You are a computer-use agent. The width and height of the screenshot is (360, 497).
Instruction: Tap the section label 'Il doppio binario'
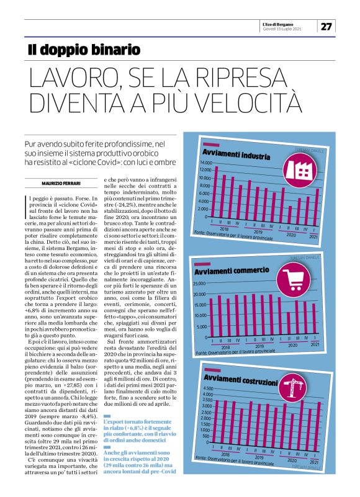tap(83, 49)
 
